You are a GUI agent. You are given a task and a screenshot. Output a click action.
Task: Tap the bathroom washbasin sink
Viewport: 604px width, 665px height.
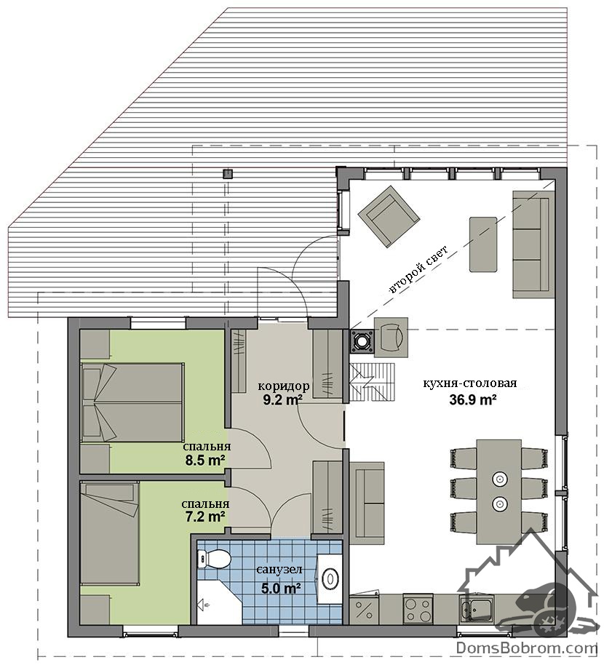click(x=330, y=578)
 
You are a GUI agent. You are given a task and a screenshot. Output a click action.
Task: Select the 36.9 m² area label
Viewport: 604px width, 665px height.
click(x=473, y=399)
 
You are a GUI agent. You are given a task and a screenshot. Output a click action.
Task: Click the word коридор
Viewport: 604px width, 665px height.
click(x=284, y=386)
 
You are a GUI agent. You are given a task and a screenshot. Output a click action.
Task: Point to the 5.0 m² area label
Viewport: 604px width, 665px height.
click(x=279, y=588)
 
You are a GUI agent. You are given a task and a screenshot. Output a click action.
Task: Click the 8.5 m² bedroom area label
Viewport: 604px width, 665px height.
click(x=205, y=460)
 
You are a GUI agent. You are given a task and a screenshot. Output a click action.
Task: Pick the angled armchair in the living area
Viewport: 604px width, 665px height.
click(x=389, y=216)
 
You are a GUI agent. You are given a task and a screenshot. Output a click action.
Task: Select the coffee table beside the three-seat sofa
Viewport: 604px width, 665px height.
click(x=483, y=244)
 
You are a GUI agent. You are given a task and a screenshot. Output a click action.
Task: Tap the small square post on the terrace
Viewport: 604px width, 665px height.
click(x=229, y=173)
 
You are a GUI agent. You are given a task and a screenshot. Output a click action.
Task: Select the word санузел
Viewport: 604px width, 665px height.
click(x=279, y=570)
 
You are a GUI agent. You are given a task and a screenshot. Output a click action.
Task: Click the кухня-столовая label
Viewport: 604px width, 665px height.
click(x=470, y=383)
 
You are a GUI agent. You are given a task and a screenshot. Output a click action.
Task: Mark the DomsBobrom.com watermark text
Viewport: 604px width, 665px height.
click(x=527, y=648)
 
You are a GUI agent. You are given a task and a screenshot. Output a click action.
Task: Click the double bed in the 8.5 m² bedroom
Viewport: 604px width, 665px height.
click(x=132, y=402)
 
